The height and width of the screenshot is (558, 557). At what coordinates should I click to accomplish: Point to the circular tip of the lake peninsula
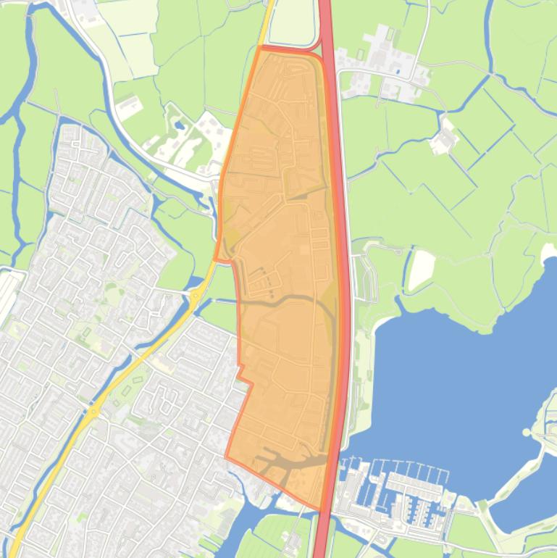[527, 433]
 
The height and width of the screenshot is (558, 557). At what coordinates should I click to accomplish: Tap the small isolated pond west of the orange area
[179, 124]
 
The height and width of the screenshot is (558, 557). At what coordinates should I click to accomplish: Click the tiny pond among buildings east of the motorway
[397, 71]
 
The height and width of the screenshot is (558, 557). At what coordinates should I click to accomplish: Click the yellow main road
[145, 355]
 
